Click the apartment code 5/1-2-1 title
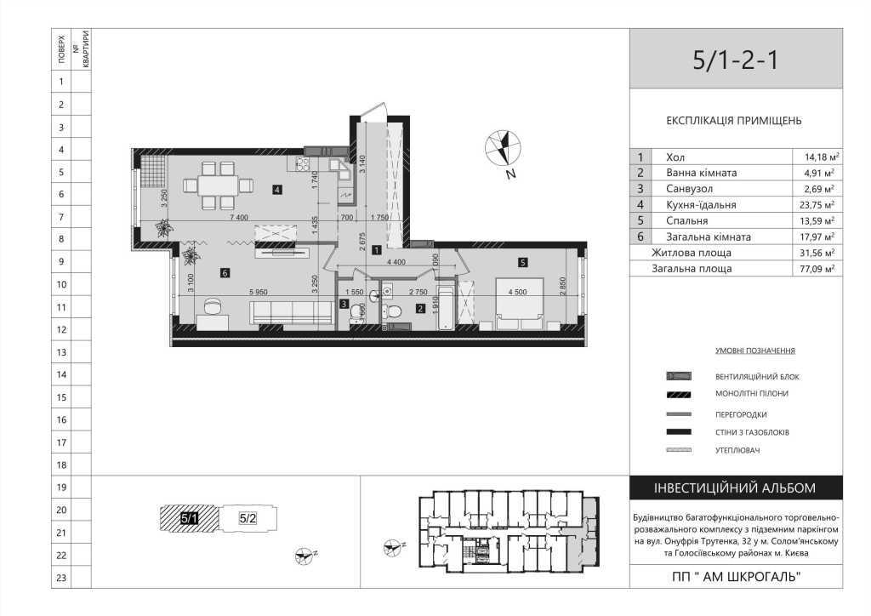735,60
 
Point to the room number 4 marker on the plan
277,189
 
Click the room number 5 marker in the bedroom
523,262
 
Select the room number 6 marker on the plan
224,273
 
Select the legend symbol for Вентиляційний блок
680,376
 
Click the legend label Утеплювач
737,449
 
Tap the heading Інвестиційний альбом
735,488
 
